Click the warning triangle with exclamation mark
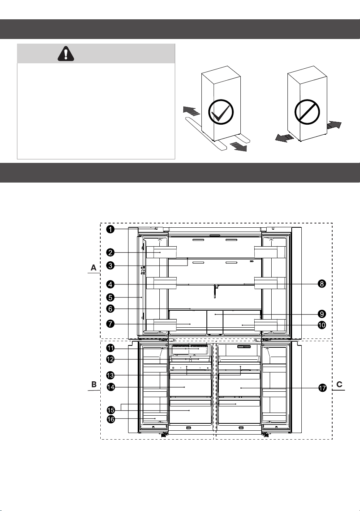[x=66, y=54]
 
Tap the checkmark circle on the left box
[x=221, y=112]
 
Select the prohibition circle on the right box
[x=307, y=112]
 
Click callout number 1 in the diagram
[x=110, y=229]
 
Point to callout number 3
[x=110, y=266]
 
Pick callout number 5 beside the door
[x=110, y=298]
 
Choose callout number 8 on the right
[x=322, y=284]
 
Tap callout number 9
[x=322, y=314]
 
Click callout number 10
[x=322, y=325]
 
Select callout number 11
[x=110, y=348]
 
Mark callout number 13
[x=110, y=375]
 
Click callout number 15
[x=111, y=410]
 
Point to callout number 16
[x=111, y=419]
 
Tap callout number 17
[x=322, y=388]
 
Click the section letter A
[x=93, y=267]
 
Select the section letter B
[x=94, y=384]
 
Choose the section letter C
[x=340, y=384]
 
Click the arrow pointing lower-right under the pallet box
[x=238, y=146]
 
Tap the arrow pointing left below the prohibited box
[x=284, y=138]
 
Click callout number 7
[x=110, y=324]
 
